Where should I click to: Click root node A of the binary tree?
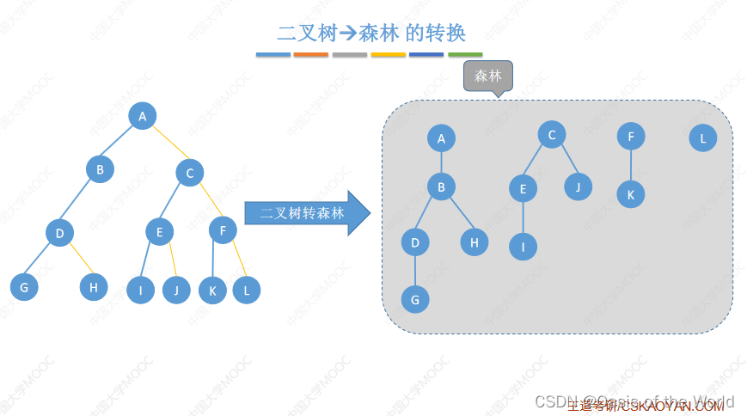tap(143, 116)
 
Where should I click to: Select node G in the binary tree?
tap(24, 287)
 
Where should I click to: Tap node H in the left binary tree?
tap(94, 286)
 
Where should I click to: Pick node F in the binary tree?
tap(223, 230)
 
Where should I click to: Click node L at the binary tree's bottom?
tap(246, 290)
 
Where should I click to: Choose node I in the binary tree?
tap(140, 290)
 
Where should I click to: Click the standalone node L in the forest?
tap(702, 138)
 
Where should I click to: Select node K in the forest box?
tap(630, 194)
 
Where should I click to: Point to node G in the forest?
tap(415, 299)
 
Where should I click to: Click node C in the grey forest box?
tap(552, 134)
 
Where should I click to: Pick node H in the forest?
tap(474, 242)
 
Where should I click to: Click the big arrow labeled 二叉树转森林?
tap(306, 213)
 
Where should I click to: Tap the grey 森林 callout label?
tap(488, 76)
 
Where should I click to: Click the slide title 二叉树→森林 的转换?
tap(371, 34)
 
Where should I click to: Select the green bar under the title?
tap(465, 54)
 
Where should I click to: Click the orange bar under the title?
tap(310, 54)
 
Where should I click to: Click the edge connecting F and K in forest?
tap(630, 165)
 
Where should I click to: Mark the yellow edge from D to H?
tap(81, 258)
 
